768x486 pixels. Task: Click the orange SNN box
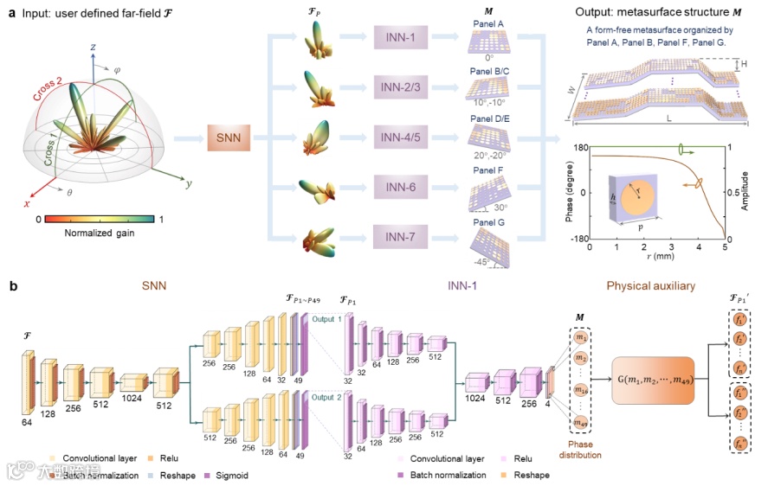pos(229,137)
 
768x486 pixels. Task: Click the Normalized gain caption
pos(102,233)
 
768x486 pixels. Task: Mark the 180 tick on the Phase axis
pos(578,147)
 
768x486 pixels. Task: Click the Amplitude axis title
pos(746,193)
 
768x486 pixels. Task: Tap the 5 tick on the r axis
pos(726,247)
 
